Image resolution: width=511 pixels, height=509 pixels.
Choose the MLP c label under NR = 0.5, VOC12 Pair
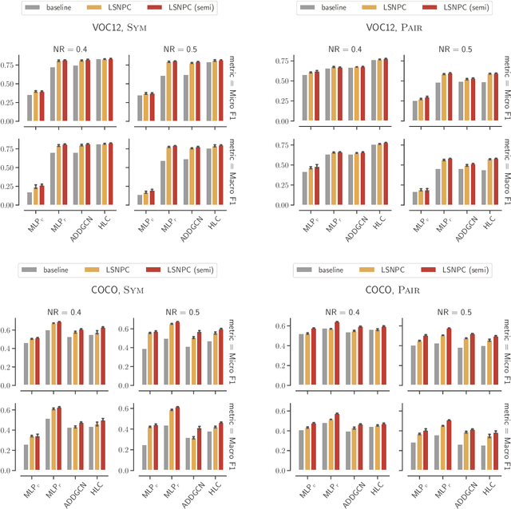point(416,223)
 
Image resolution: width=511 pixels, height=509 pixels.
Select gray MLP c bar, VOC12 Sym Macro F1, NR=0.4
point(30,199)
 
